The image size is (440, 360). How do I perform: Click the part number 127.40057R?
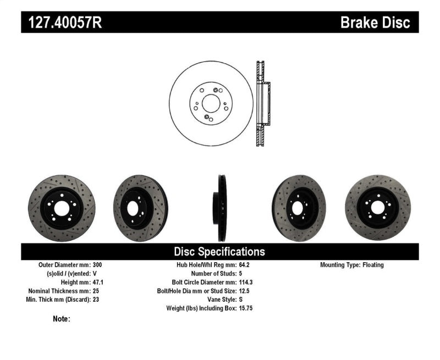click(x=61, y=23)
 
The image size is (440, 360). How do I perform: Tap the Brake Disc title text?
click(x=375, y=23)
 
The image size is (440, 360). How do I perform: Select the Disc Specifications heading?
click(x=219, y=252)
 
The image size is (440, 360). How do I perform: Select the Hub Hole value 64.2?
click(x=245, y=265)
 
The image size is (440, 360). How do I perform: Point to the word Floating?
click(x=373, y=265)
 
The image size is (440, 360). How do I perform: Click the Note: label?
click(x=62, y=319)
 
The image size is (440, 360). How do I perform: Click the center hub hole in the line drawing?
click(x=210, y=103)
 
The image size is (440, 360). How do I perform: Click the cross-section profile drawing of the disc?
click(x=262, y=103)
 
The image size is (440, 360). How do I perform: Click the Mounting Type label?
click(x=339, y=265)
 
